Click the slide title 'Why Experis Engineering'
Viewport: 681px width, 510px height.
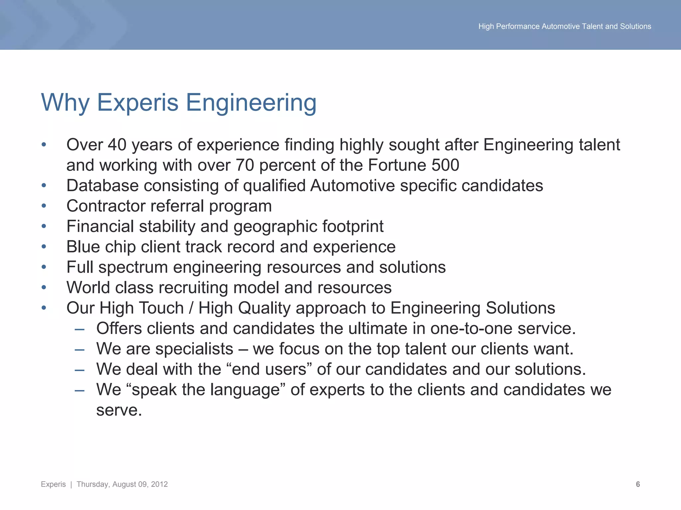(179, 103)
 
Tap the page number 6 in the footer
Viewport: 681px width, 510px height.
(638, 484)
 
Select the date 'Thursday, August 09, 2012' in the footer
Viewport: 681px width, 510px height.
(122, 484)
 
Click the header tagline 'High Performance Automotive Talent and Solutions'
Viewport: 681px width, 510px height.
(565, 26)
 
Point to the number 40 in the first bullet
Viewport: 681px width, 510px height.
(117, 145)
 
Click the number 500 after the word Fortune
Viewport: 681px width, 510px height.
(445, 165)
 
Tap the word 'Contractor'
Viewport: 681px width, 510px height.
(106, 206)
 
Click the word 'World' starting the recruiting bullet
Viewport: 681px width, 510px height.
(88, 288)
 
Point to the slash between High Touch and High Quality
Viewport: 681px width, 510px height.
(191, 308)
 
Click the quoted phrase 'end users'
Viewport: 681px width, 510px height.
(269, 369)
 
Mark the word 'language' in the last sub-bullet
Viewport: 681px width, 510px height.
(245, 390)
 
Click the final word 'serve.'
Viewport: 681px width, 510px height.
(119, 410)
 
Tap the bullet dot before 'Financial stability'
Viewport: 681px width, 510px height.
(44, 226)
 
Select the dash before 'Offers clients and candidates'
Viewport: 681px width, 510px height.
(79, 329)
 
